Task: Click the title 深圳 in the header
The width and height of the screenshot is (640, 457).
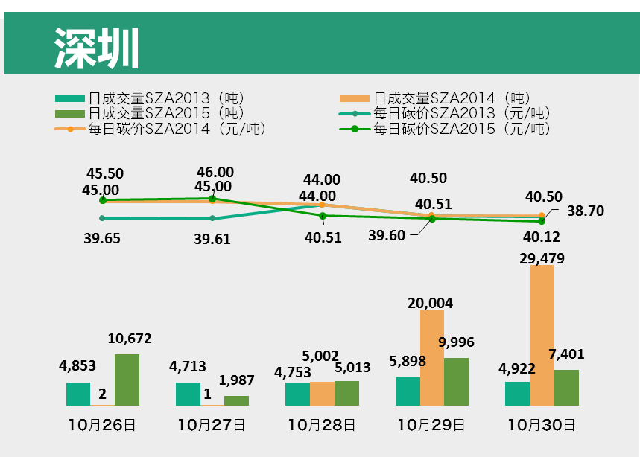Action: (97, 50)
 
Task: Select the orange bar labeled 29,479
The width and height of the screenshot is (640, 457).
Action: (542, 335)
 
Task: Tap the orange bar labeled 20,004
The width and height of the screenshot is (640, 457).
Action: (432, 357)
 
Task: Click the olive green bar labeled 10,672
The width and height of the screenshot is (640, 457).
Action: (127, 380)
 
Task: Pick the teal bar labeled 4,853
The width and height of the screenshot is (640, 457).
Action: (78, 394)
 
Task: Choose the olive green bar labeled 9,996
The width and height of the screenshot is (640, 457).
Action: (456, 381)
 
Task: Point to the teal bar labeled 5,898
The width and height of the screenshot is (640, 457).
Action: (408, 391)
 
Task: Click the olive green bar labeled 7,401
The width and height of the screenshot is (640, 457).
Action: (566, 387)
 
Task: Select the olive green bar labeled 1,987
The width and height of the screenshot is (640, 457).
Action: (236, 400)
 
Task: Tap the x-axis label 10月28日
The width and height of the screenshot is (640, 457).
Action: (322, 426)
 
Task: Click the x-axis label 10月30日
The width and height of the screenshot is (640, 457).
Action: (542, 426)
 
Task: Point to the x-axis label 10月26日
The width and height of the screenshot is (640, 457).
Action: (101, 426)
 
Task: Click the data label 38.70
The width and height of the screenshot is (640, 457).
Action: (585, 211)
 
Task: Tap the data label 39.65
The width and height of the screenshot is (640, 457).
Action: (103, 238)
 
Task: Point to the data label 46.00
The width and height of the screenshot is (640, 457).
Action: (215, 173)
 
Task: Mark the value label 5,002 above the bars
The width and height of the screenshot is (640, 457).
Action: (321, 357)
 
